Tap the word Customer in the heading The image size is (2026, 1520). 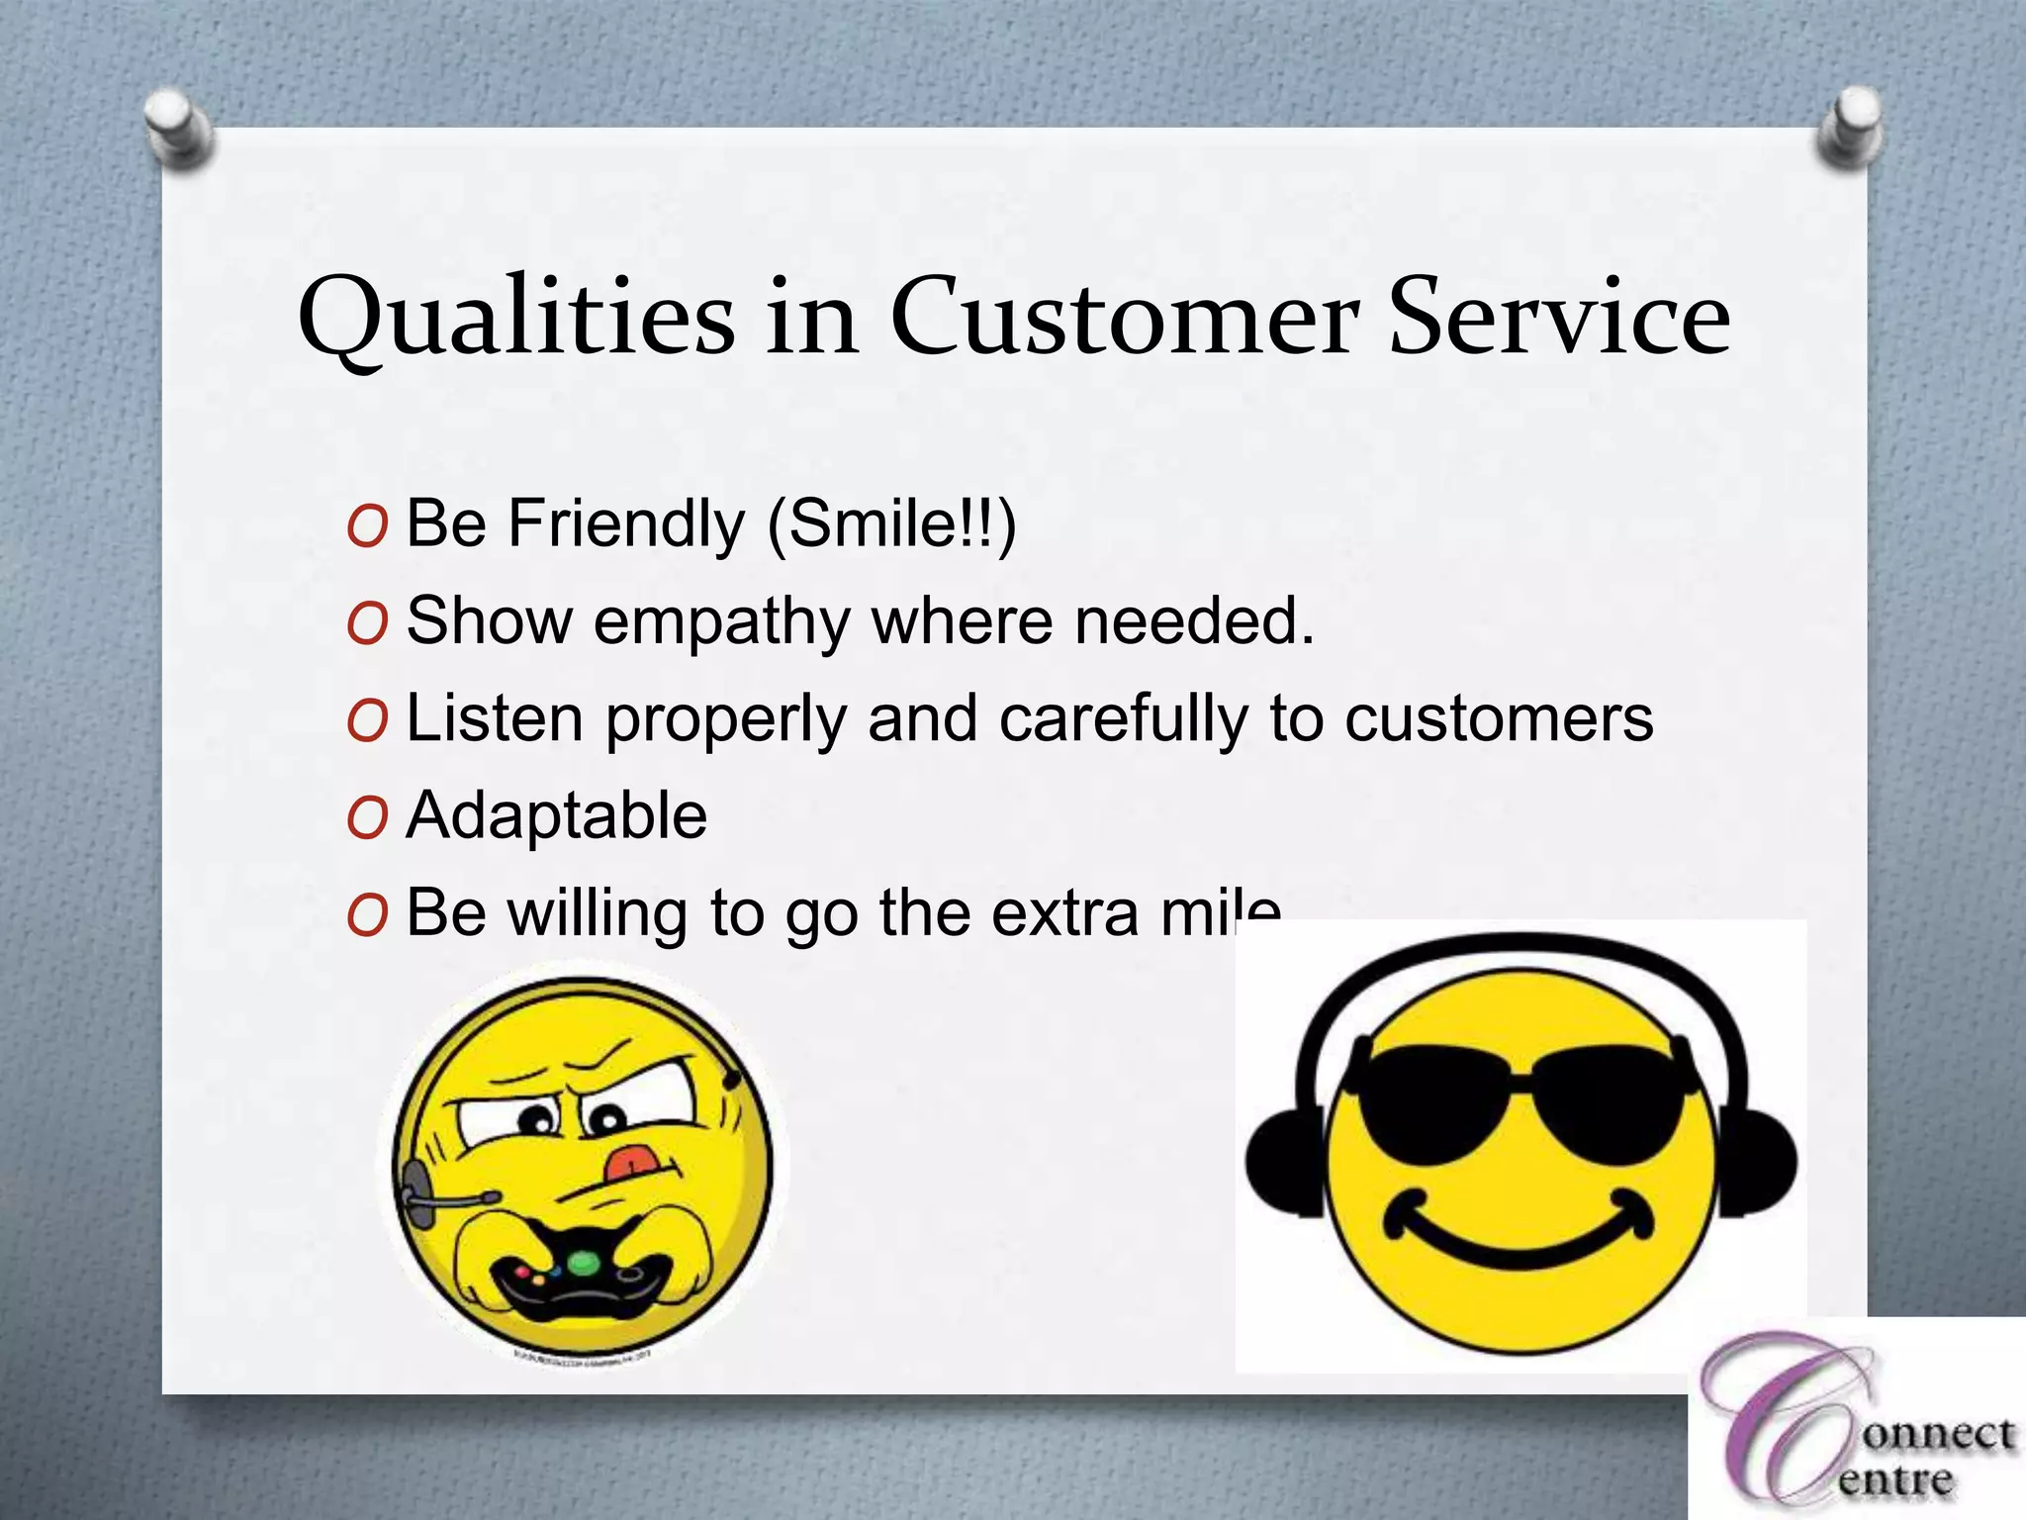(x=1122, y=317)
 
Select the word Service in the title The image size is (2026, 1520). (x=1560, y=317)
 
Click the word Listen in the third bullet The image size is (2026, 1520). (x=495, y=718)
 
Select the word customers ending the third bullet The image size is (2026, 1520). (x=1498, y=719)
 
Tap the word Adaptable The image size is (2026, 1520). (x=557, y=815)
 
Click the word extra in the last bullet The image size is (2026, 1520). (x=1064, y=912)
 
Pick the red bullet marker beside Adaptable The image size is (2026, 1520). (x=367, y=818)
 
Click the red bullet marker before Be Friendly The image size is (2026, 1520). (x=367, y=526)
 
